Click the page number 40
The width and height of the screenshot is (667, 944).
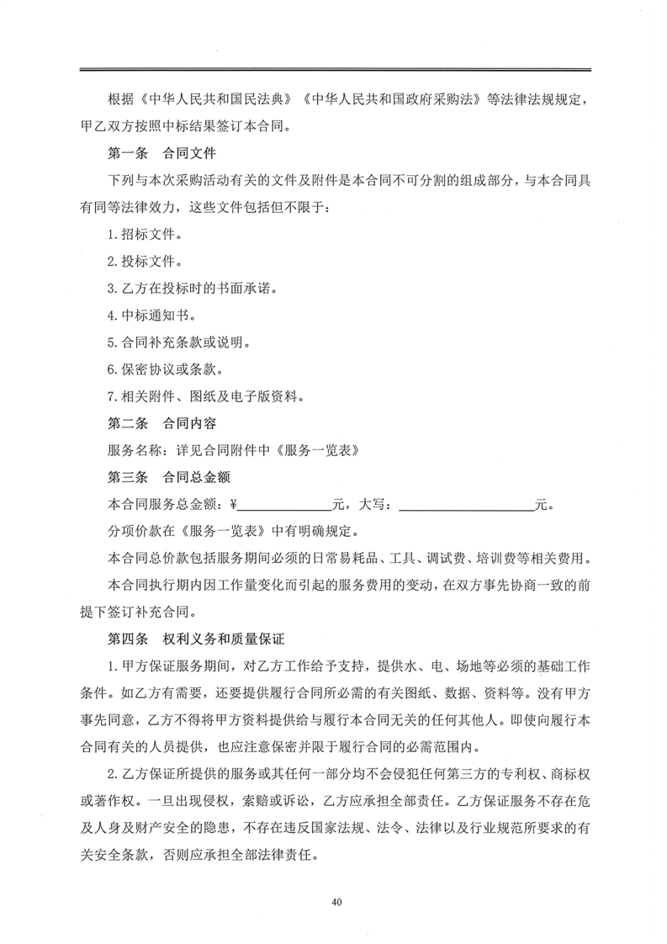(336, 902)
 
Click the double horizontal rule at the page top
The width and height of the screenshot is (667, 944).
(334, 70)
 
